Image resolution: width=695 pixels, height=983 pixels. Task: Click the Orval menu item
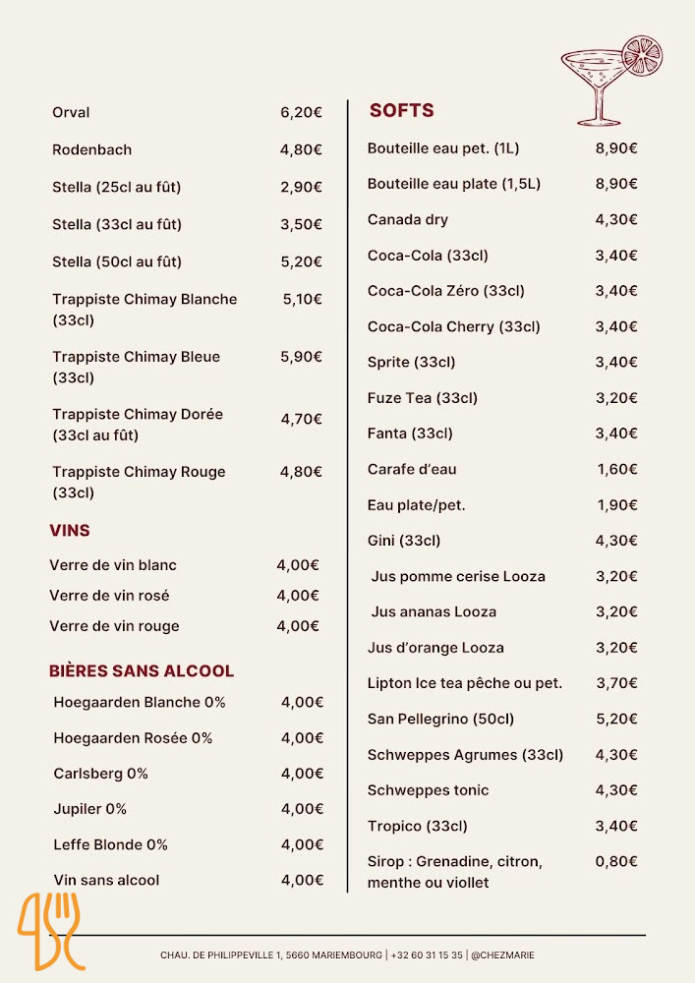coord(71,112)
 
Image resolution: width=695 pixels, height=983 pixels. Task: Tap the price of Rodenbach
coord(301,149)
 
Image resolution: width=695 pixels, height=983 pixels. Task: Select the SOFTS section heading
coord(401,110)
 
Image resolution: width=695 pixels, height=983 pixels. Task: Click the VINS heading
coord(70,530)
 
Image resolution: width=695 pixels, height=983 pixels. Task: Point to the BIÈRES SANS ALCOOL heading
coord(142,670)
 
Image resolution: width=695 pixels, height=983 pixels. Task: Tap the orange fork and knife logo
coord(50,930)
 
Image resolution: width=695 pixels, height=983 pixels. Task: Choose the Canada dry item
coord(407,219)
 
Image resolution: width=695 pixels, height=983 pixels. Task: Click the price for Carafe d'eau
coord(617,469)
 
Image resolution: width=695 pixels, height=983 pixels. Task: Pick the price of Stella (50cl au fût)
coord(301,261)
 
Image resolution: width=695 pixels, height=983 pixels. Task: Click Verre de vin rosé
coord(109,595)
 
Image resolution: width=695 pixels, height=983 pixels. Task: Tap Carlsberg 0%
coord(100,773)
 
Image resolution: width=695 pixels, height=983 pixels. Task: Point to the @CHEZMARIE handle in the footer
coord(503,954)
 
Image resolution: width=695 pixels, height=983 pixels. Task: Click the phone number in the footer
coord(427,954)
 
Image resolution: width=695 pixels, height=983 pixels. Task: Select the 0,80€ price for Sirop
coord(616,861)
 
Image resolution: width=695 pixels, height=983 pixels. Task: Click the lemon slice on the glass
coord(642,56)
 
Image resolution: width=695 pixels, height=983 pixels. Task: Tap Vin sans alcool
coord(106,880)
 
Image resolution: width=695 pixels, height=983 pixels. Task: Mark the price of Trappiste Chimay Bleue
coord(301,357)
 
